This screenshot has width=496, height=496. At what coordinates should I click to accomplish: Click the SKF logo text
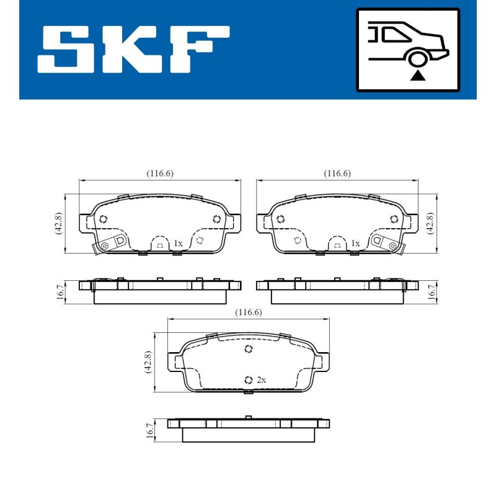click(133, 50)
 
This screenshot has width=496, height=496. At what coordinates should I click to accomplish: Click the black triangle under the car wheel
click(417, 76)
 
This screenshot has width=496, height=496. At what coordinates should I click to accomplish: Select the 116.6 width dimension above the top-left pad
click(160, 174)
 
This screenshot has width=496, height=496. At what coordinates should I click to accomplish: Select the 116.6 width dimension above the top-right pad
click(337, 174)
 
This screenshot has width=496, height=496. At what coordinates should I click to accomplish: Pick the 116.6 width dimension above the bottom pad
click(249, 312)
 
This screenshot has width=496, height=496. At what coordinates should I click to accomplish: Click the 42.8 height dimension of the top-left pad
click(58, 223)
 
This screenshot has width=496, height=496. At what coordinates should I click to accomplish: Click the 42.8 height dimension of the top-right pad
click(430, 223)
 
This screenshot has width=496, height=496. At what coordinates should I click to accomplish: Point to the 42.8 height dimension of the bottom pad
click(148, 362)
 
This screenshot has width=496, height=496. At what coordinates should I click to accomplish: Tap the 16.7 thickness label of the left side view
click(60, 292)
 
